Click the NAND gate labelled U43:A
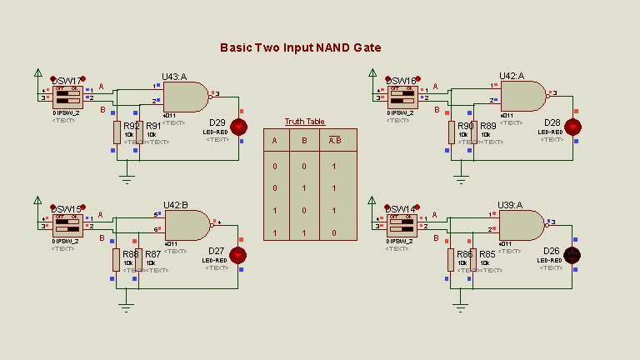[x=188, y=97]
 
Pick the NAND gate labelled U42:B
[x=187, y=226]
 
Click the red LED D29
[x=239, y=127]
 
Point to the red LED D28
[x=573, y=127]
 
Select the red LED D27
[x=239, y=254]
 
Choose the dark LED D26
[x=573, y=254]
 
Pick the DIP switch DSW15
[x=67, y=224]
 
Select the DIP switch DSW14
[x=402, y=224]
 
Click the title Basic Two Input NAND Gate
[x=301, y=47]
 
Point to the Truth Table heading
[x=304, y=122]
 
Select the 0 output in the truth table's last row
[x=333, y=233]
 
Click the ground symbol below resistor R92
[x=126, y=177]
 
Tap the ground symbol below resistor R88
[x=126, y=305]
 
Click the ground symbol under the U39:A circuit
[x=460, y=305]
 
